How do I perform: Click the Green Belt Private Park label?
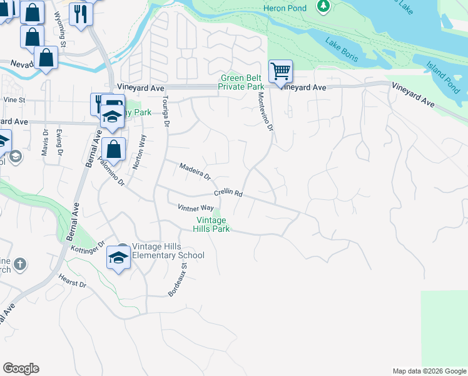pos(242,82)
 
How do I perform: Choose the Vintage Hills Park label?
pos(213,224)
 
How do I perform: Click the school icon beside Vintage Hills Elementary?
pos(118,256)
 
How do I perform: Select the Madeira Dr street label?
pos(196,171)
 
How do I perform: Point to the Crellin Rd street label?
pos(228,193)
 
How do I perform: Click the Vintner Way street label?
pos(196,207)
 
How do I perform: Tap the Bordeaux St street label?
pos(178,279)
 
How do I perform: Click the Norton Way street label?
pos(139,152)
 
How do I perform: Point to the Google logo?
pos(21,368)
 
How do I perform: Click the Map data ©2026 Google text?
pos(429,371)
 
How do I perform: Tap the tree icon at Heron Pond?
pos(323,6)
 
